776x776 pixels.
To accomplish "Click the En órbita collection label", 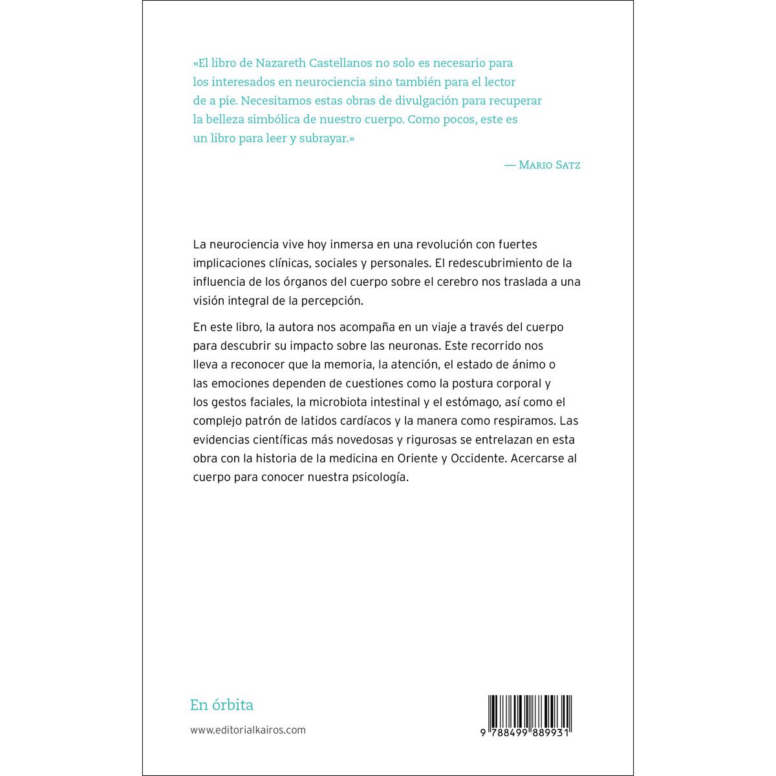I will [222, 705].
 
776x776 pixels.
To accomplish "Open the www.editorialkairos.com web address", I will [248, 730].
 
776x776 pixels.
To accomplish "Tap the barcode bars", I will [530, 711].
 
